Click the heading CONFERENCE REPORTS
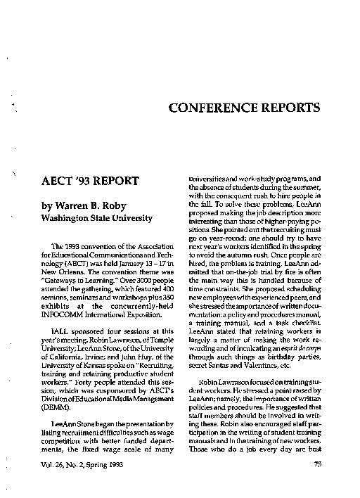tap(245, 108)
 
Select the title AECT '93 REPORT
tap(91, 182)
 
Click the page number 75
tap(316, 464)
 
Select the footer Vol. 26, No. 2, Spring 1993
tap(88, 464)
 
